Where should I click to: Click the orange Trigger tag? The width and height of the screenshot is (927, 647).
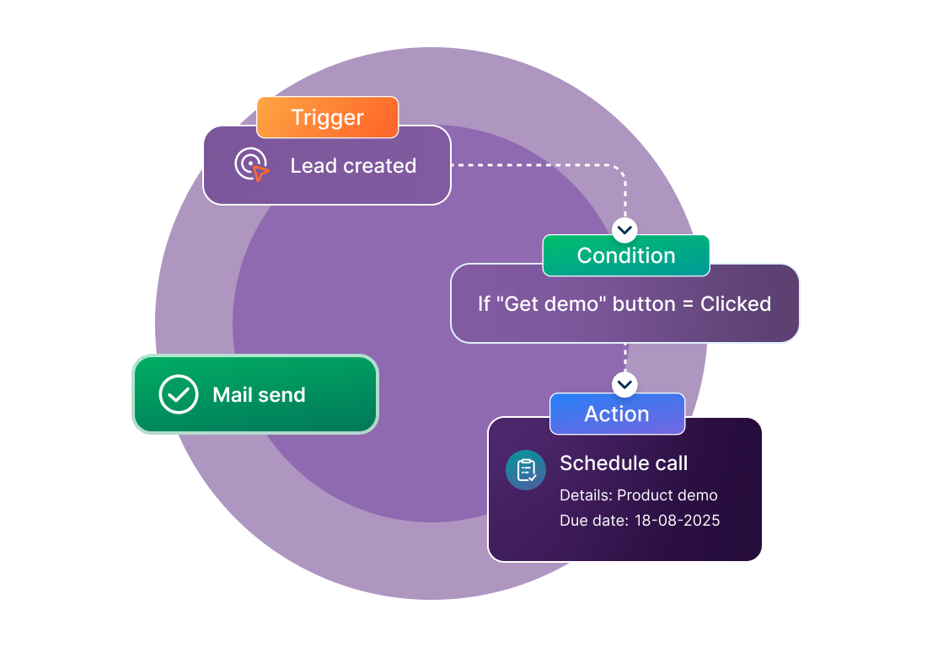pos(327,117)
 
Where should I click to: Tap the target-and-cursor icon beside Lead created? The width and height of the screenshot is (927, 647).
pos(251,165)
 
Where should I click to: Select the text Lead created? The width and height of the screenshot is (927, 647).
pos(353,166)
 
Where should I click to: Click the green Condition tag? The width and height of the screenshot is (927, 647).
pos(625,255)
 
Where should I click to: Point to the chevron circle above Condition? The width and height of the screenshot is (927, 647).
pos(624,229)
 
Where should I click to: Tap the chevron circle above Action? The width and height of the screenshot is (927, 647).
pos(624,384)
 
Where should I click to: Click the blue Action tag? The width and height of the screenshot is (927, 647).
pos(617,414)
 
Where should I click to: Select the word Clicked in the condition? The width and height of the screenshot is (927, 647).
pos(736,304)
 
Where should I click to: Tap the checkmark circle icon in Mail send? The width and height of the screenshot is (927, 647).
pos(179,394)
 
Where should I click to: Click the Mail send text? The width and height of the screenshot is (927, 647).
pos(259,395)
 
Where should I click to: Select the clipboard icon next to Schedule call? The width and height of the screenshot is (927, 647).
pos(526,470)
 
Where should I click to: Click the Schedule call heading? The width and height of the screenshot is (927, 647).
pos(624,463)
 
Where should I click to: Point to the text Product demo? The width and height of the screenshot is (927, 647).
pos(667,495)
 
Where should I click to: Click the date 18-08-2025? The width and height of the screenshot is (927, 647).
pos(678,521)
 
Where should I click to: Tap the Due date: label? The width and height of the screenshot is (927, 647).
pos(593,521)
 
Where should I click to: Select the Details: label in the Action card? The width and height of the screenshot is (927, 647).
pos(586,495)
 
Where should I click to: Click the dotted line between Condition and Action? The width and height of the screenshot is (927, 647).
pos(624,357)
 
